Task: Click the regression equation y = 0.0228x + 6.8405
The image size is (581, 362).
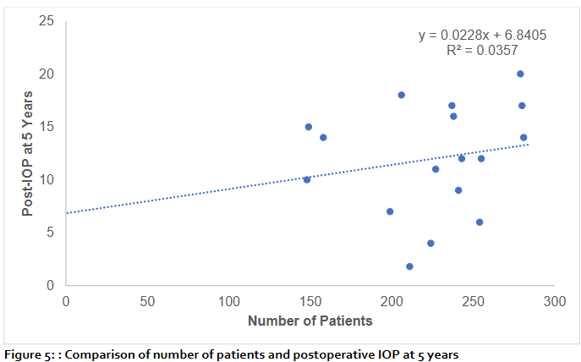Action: click(x=482, y=35)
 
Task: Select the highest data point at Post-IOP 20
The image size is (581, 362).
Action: click(x=520, y=74)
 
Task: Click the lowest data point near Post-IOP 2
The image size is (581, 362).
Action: click(x=409, y=266)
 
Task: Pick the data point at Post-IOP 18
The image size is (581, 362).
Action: click(x=402, y=95)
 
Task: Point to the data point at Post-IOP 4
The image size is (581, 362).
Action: click(x=430, y=243)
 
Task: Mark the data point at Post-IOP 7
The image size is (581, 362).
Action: click(x=390, y=211)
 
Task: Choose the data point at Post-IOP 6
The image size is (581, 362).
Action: click(x=480, y=222)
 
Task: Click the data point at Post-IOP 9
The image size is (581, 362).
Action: click(x=458, y=190)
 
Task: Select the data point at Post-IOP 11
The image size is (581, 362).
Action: click(x=436, y=169)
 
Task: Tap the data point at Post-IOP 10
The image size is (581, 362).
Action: click(x=307, y=179)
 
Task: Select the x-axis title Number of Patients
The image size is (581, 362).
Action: click(x=310, y=321)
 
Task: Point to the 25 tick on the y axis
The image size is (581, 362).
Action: click(x=48, y=19)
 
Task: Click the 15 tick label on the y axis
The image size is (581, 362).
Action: click(x=48, y=126)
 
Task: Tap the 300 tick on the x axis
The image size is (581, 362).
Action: click(x=554, y=300)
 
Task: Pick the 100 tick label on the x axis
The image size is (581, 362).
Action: click(x=228, y=300)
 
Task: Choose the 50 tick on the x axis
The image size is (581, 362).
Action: click(x=147, y=300)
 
